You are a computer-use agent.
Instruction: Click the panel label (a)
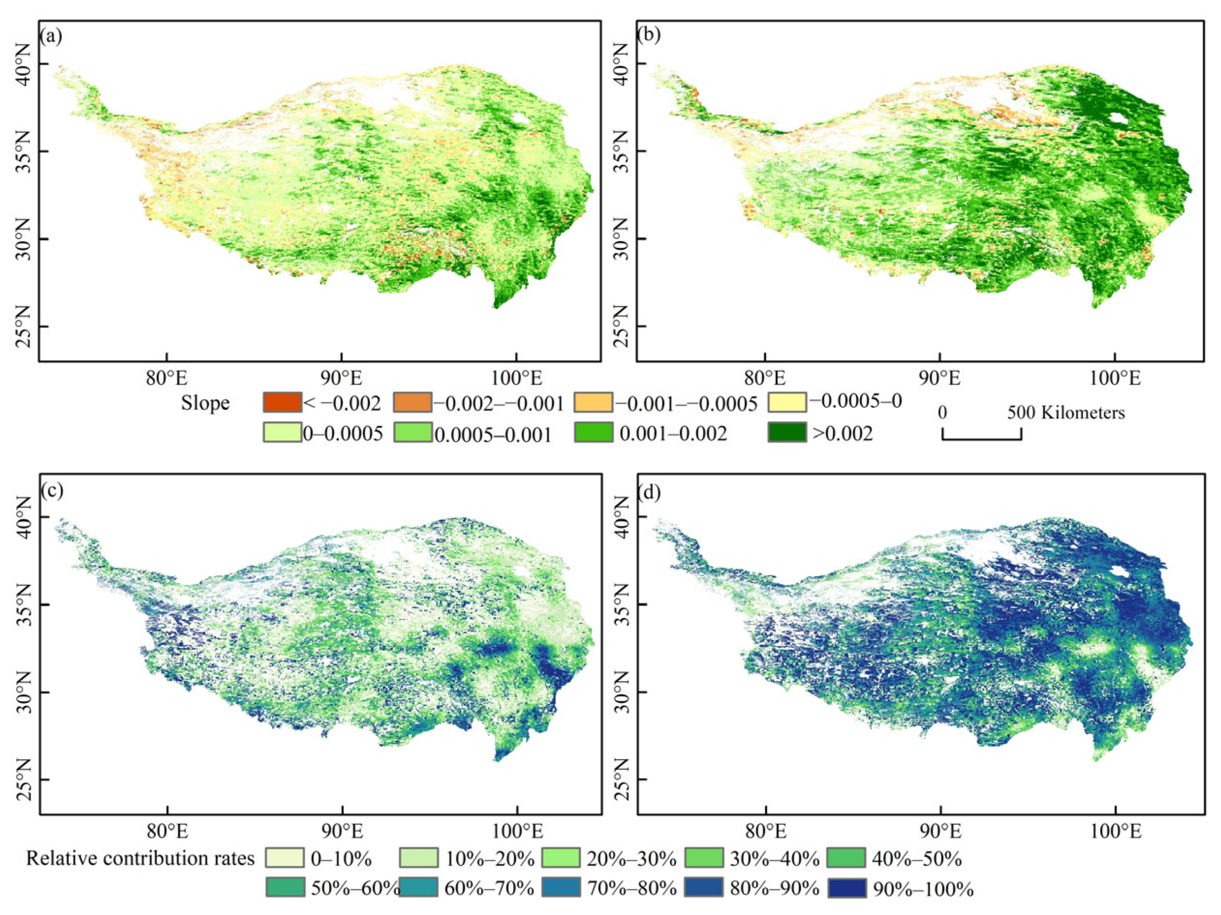tap(51, 36)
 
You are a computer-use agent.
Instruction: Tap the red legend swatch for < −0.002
tap(282, 402)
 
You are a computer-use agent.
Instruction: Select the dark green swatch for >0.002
tap(787, 433)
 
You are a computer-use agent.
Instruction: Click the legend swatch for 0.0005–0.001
tap(413, 433)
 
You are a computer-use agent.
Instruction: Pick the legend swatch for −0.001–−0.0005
tap(593, 402)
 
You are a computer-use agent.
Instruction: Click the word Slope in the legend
tap(205, 403)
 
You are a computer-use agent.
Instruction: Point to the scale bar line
tap(981, 439)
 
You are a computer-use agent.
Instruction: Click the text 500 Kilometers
tap(1066, 412)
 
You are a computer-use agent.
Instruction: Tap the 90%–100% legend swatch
tap(847, 888)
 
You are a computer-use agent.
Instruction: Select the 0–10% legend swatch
tap(284, 858)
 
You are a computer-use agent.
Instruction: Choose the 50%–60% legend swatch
tap(284, 888)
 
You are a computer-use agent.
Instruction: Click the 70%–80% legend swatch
tap(561, 888)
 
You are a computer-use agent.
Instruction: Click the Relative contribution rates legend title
tap(140, 858)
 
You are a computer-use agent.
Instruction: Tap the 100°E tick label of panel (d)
tap(1115, 832)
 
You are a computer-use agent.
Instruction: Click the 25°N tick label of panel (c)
tap(23, 779)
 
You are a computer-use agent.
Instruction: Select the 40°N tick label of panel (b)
tap(621, 63)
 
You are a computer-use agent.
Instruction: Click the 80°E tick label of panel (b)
tap(764, 379)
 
